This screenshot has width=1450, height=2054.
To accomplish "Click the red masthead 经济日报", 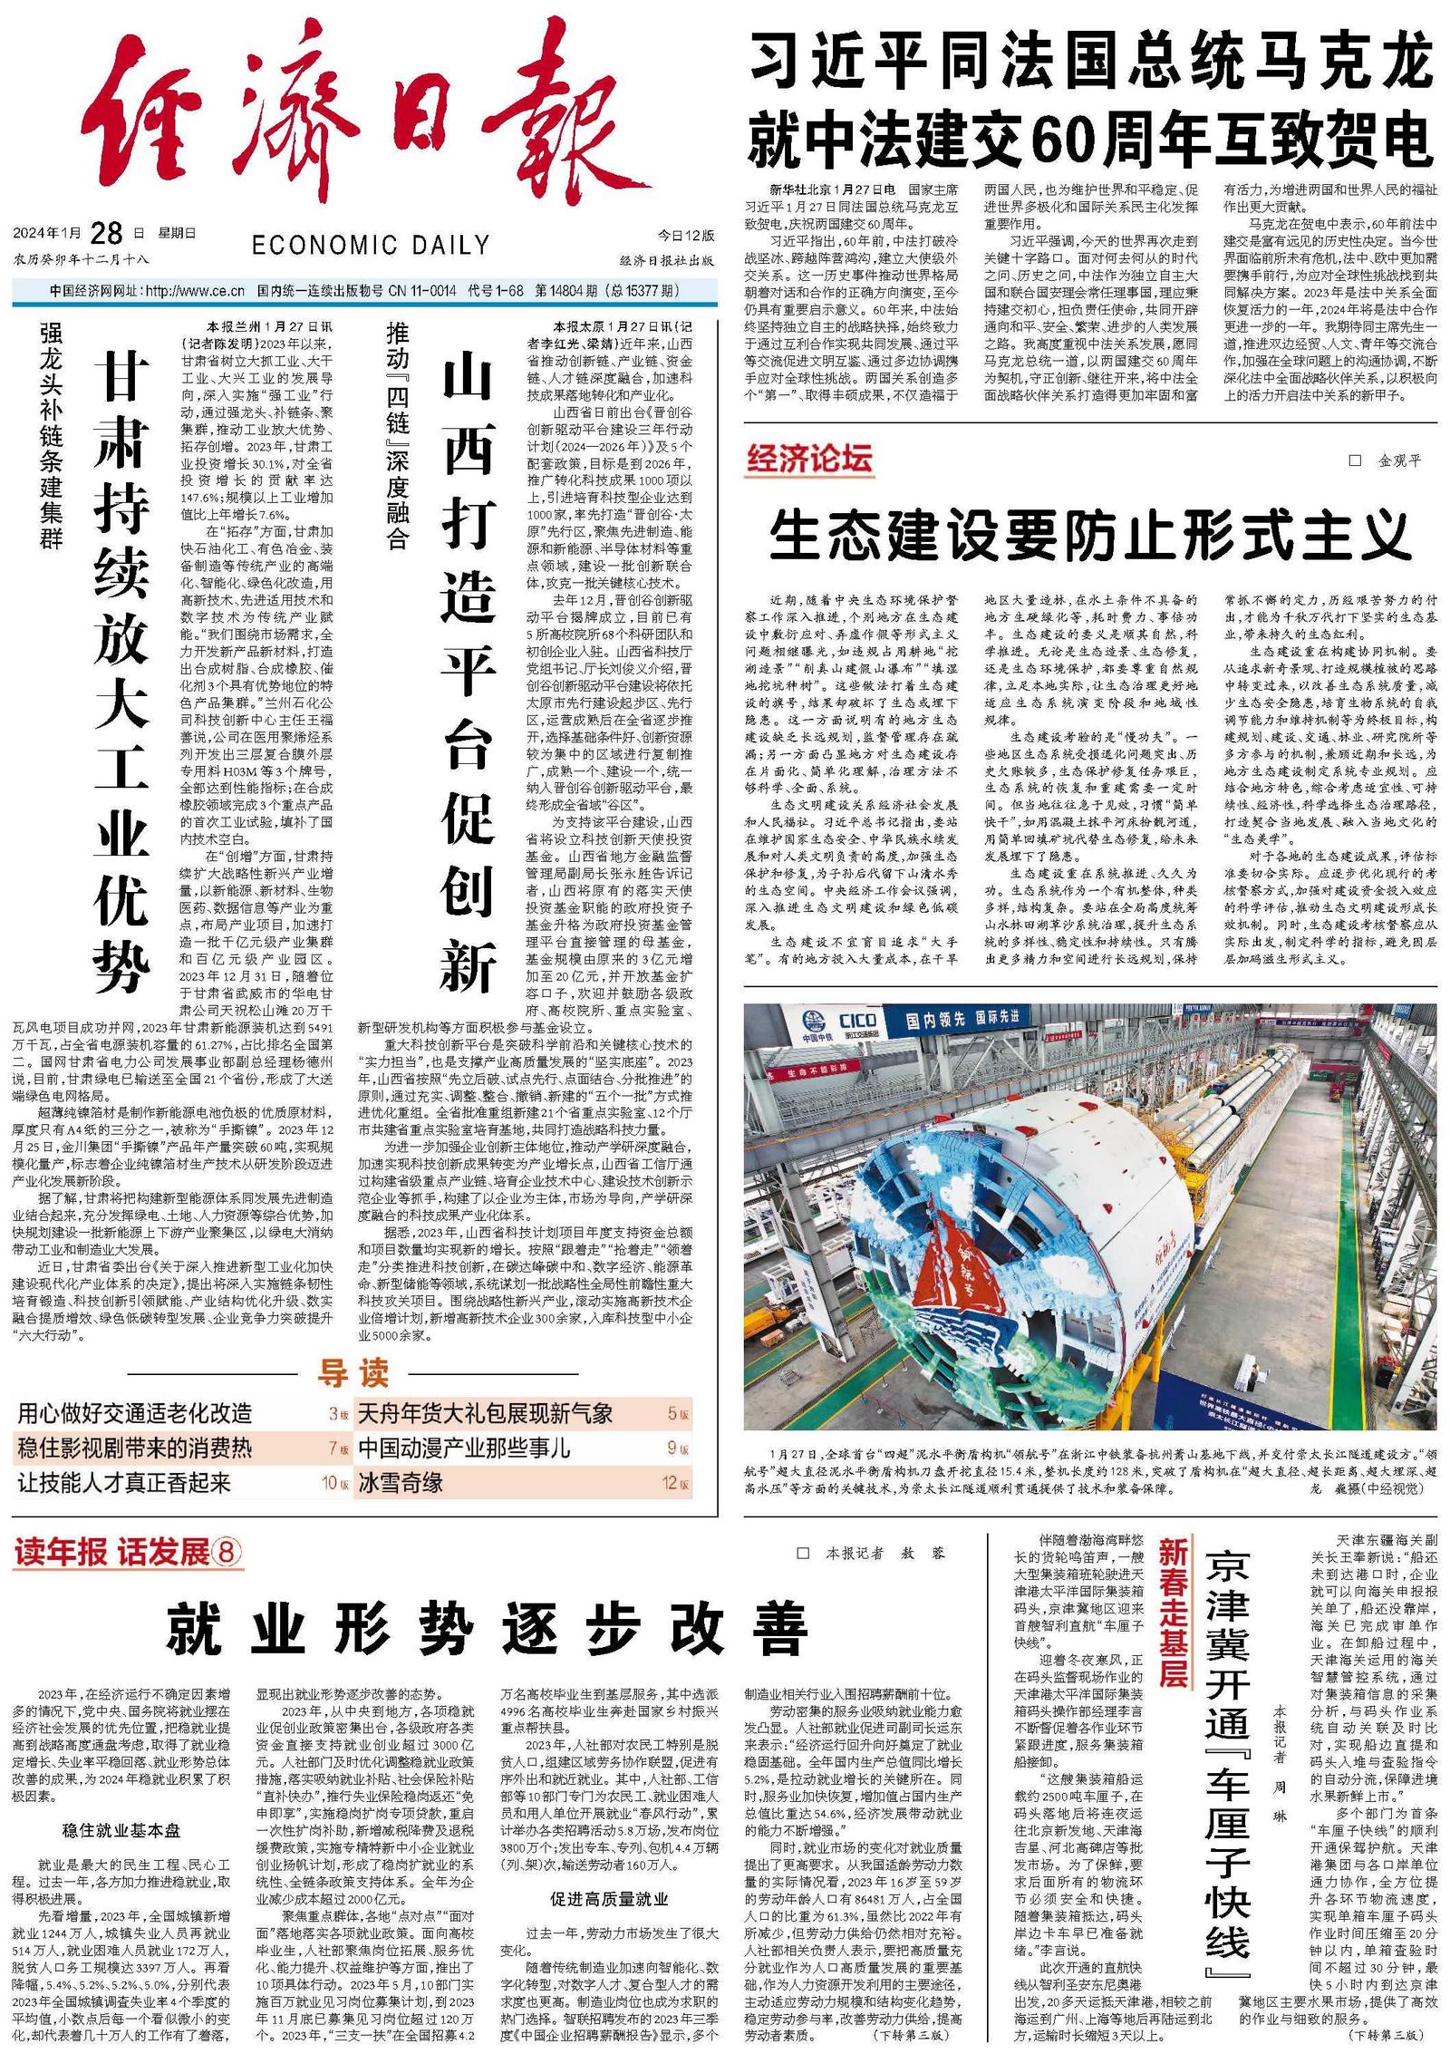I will [x=362, y=118].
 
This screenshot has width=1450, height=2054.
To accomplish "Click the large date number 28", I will [x=107, y=233].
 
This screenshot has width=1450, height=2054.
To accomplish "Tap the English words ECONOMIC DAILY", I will [x=371, y=245].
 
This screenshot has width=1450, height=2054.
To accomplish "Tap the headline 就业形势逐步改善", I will [x=487, y=1629].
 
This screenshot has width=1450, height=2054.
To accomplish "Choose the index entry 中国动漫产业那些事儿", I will [x=464, y=1448].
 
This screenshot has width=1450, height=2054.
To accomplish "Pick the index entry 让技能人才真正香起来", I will [x=124, y=1483].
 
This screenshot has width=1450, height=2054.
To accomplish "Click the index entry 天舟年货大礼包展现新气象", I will [x=486, y=1413].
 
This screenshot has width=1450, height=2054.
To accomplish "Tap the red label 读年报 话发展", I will [x=127, y=1553].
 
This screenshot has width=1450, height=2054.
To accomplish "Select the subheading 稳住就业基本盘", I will [x=121, y=1830].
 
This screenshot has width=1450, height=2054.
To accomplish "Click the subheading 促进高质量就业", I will [x=609, y=1899].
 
